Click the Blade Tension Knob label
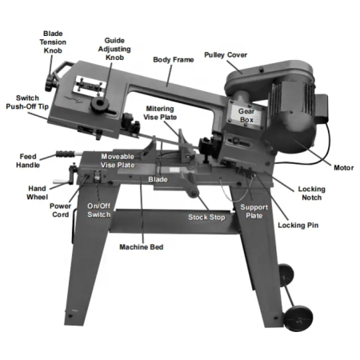(53, 42)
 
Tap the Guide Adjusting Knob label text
(114, 49)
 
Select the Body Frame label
(174, 59)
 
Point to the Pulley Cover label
(226, 55)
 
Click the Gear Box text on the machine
(246, 115)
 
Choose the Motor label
(343, 168)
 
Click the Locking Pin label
(298, 226)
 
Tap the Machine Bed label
(142, 247)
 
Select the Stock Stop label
(206, 218)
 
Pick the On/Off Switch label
(98, 210)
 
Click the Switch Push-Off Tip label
(27, 102)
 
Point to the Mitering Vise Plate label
(160, 113)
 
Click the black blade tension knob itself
(50, 83)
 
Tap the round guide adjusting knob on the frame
(100, 103)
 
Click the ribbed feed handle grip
(65, 154)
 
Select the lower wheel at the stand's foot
(298, 318)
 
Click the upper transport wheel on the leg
(286, 275)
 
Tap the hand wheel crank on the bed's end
(66, 177)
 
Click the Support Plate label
(254, 211)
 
